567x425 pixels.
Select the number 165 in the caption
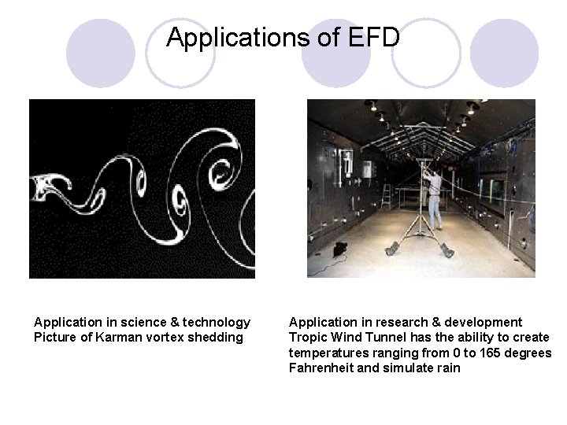click(x=474, y=353)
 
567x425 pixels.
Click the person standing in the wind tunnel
click(x=433, y=197)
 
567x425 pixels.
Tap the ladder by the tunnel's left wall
click(x=386, y=197)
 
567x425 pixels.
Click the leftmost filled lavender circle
click(x=100, y=54)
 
